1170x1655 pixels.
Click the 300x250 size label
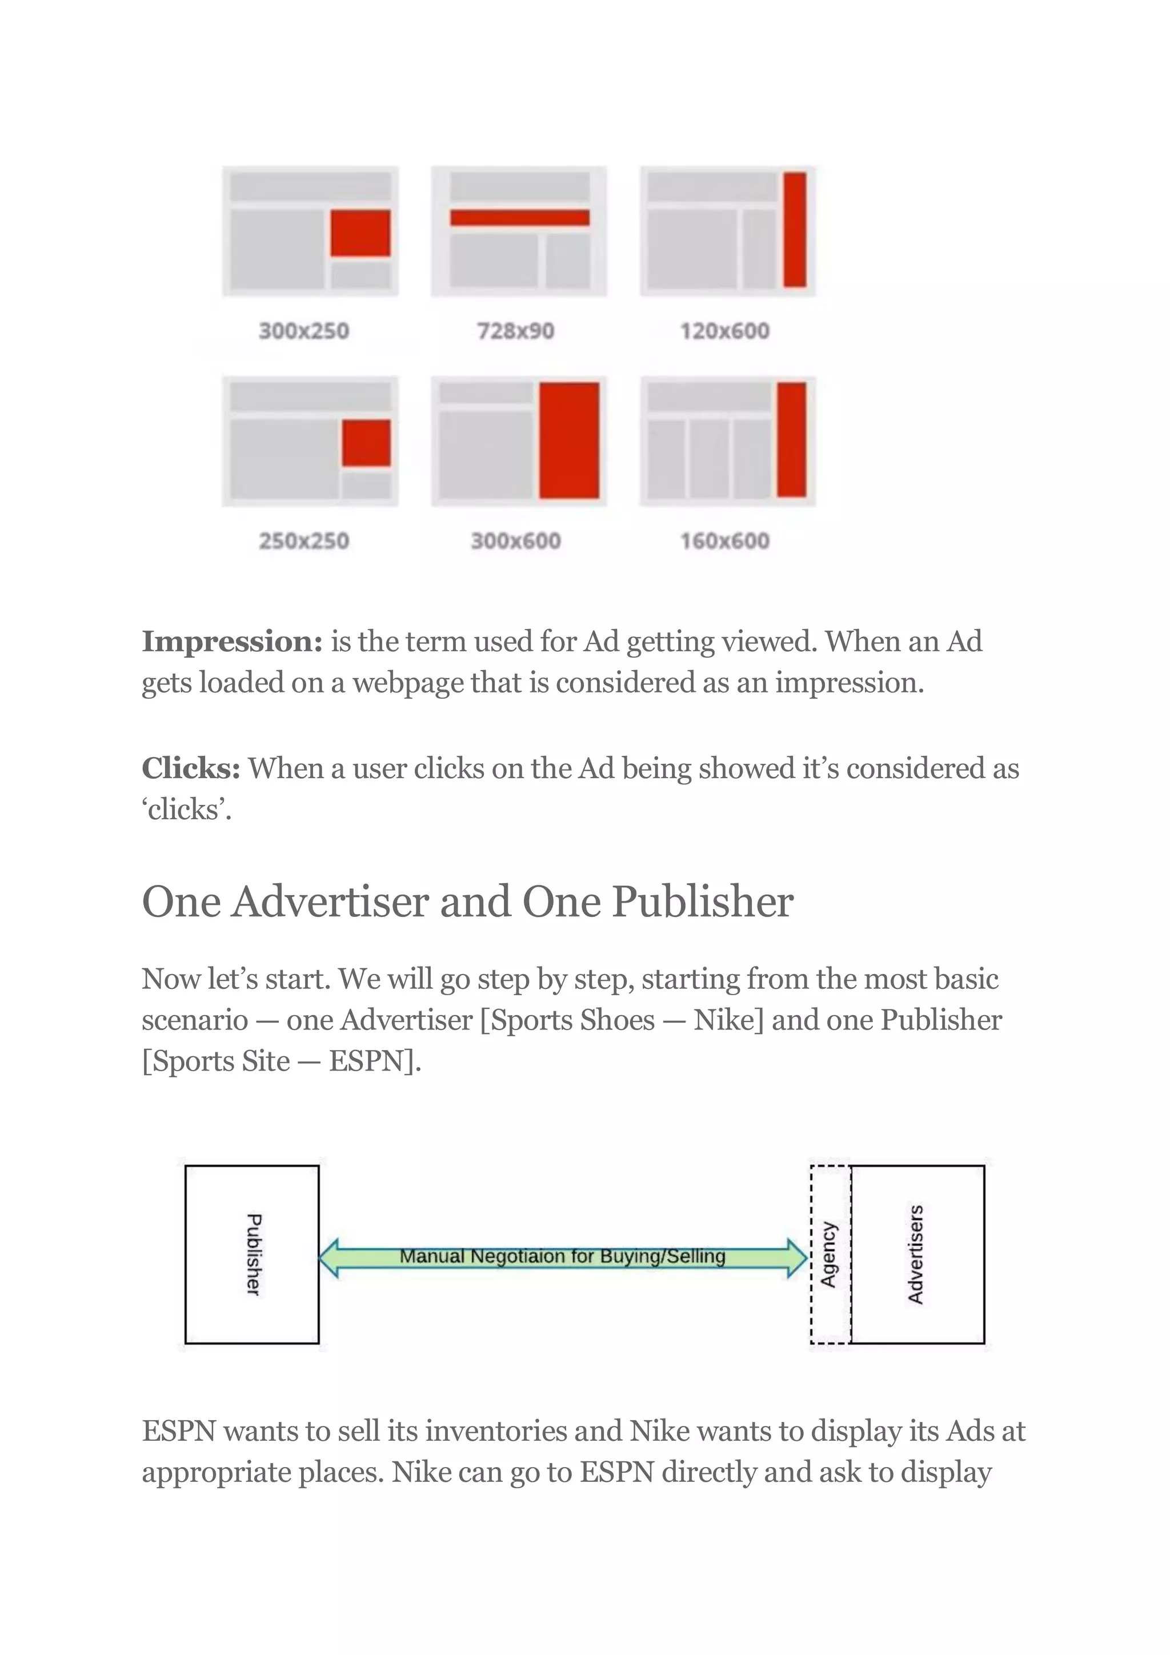click(x=303, y=331)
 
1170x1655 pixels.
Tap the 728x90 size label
click(x=515, y=331)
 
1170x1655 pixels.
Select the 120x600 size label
click(x=724, y=331)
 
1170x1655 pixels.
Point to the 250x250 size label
click(x=303, y=540)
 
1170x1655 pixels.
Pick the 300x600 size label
click(x=515, y=540)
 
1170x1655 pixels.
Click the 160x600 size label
click(x=724, y=540)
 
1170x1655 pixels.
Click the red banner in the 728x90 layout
click(x=520, y=218)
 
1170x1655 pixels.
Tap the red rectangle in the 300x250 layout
click(x=360, y=233)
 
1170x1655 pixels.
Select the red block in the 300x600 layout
click(x=569, y=440)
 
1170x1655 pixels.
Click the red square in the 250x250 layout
click(x=366, y=443)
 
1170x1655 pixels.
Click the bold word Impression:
click(x=232, y=642)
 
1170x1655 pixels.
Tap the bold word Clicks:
click(x=191, y=768)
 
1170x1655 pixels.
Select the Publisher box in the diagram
click(x=251, y=1254)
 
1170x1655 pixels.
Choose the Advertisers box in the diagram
click(x=916, y=1254)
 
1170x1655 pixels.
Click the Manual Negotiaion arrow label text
click(x=562, y=1256)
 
